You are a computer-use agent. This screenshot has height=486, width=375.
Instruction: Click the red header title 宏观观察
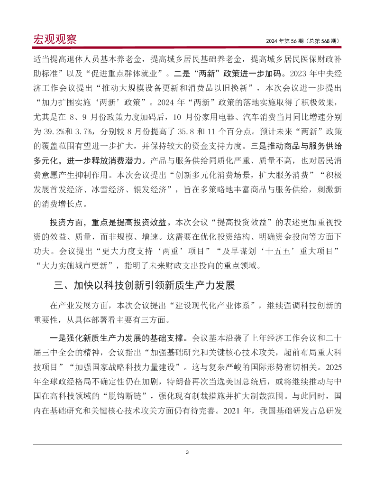(x=55, y=39)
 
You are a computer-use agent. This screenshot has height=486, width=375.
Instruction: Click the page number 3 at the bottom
(x=187, y=452)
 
